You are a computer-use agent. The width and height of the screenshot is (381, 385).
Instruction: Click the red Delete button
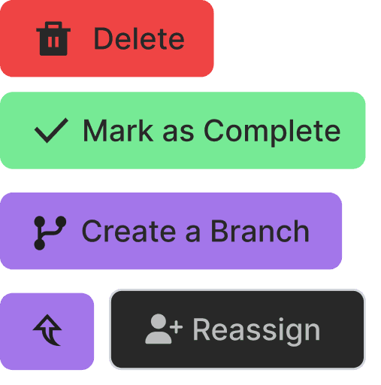pyautogui.click(x=107, y=38)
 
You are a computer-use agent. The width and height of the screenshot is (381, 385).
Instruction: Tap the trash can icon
pyautogui.click(x=53, y=38)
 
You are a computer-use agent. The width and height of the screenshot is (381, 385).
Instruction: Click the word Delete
pyautogui.click(x=139, y=38)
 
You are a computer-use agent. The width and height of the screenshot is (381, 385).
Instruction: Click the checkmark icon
pyautogui.click(x=51, y=130)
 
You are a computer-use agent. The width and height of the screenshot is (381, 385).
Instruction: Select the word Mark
pyautogui.click(x=118, y=131)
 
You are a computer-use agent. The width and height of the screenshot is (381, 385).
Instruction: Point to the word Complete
pyautogui.click(x=272, y=132)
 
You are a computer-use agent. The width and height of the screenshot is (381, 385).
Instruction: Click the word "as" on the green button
pyautogui.click(x=178, y=133)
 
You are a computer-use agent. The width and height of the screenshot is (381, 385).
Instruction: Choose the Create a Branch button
pyautogui.click(x=171, y=231)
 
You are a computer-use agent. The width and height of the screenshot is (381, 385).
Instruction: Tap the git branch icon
pyautogui.click(x=50, y=233)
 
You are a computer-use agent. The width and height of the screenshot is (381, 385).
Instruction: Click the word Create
pyautogui.click(x=129, y=231)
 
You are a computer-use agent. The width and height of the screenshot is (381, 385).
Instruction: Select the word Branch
pyautogui.click(x=260, y=231)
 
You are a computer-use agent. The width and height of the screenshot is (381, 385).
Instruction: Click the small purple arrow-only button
pyautogui.click(x=47, y=331)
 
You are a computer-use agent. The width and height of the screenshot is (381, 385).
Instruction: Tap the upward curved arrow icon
pyautogui.click(x=47, y=330)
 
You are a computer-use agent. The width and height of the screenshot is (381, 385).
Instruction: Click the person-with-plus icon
pyautogui.click(x=164, y=329)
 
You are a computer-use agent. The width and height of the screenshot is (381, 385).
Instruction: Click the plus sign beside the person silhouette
pyautogui.click(x=177, y=327)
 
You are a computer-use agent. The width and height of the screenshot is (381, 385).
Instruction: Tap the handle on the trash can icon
pyautogui.click(x=53, y=25)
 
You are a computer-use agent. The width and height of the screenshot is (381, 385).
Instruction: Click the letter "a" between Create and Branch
pyautogui.click(x=193, y=234)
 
